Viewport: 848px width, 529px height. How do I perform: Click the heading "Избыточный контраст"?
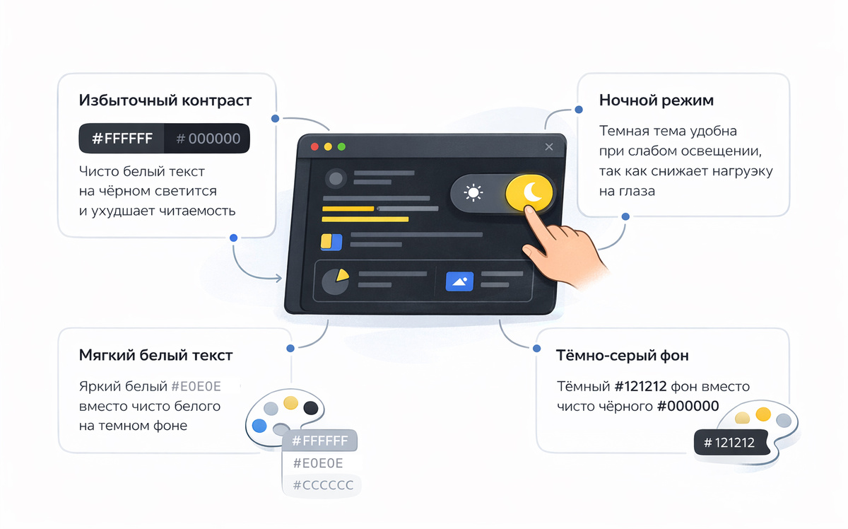[165, 101]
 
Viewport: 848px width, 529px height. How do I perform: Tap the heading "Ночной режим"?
[656, 100]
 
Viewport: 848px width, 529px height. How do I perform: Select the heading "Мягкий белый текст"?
[155, 356]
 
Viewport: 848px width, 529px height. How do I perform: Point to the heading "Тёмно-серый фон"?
[622, 356]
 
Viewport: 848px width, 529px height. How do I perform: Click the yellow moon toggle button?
[529, 192]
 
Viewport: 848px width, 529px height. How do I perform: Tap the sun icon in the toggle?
[473, 192]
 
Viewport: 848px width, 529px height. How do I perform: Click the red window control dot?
[314, 146]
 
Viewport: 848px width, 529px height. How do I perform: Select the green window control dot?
[341, 146]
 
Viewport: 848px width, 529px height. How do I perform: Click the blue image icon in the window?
[459, 281]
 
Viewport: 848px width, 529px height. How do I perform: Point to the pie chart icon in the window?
[336, 281]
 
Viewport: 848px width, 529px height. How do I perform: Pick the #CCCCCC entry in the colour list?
[323, 485]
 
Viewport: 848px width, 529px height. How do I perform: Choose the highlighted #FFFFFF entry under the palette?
[320, 441]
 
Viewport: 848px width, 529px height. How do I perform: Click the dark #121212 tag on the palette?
[729, 442]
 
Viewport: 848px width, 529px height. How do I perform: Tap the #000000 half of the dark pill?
[208, 139]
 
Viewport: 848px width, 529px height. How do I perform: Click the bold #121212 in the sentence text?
[640, 387]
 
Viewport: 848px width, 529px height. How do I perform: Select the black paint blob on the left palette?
[311, 408]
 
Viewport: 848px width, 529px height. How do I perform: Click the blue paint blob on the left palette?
[259, 426]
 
